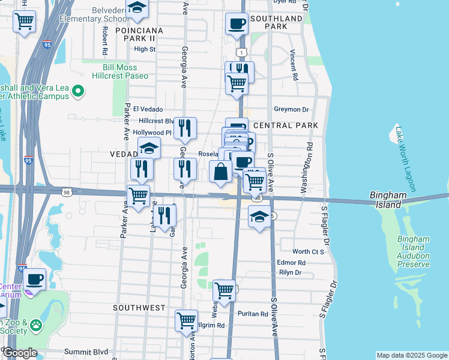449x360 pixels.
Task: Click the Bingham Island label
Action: tap(388, 200)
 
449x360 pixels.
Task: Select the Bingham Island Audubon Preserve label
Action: tap(414, 251)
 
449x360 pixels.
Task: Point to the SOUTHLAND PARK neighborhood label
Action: tap(276, 23)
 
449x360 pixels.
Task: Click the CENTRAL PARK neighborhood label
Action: tap(285, 125)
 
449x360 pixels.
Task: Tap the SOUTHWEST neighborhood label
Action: tap(139, 307)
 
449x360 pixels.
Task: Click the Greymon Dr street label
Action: tap(291, 109)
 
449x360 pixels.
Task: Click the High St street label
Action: tap(145, 49)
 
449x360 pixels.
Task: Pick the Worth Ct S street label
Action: tap(308, 251)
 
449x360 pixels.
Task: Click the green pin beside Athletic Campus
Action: tap(77, 91)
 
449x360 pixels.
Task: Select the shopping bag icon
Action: tap(221, 171)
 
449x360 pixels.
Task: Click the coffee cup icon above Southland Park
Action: tap(237, 25)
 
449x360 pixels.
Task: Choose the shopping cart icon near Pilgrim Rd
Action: tap(187, 320)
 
